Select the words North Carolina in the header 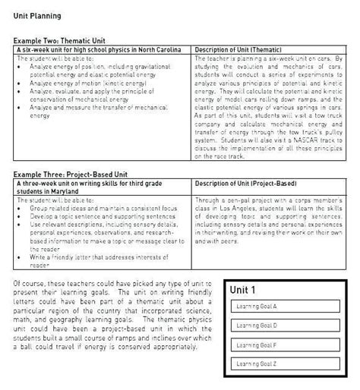pos(159,49)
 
